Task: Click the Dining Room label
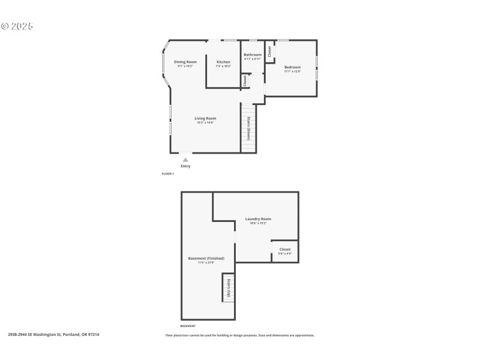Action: tap(185, 62)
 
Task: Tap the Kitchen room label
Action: tap(223, 62)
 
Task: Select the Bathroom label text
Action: tap(253, 55)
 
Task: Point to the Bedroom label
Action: tap(292, 67)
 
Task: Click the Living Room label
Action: tap(205, 118)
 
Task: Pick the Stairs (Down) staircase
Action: tap(248, 128)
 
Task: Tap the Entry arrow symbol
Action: tap(185, 160)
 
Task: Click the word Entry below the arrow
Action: tap(185, 166)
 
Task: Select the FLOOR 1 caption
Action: tap(168, 174)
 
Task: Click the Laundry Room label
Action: tap(258, 219)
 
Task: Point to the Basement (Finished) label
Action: tap(206, 259)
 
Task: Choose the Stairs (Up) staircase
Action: tap(228, 288)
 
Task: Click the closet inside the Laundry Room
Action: tap(284, 251)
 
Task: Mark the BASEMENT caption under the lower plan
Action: tap(188, 326)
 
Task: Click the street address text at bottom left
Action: tap(53, 335)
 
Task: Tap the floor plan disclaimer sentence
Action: tap(240, 335)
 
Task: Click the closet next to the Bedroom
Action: tap(270, 52)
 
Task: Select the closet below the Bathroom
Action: tap(245, 80)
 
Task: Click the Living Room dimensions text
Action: tap(205, 122)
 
